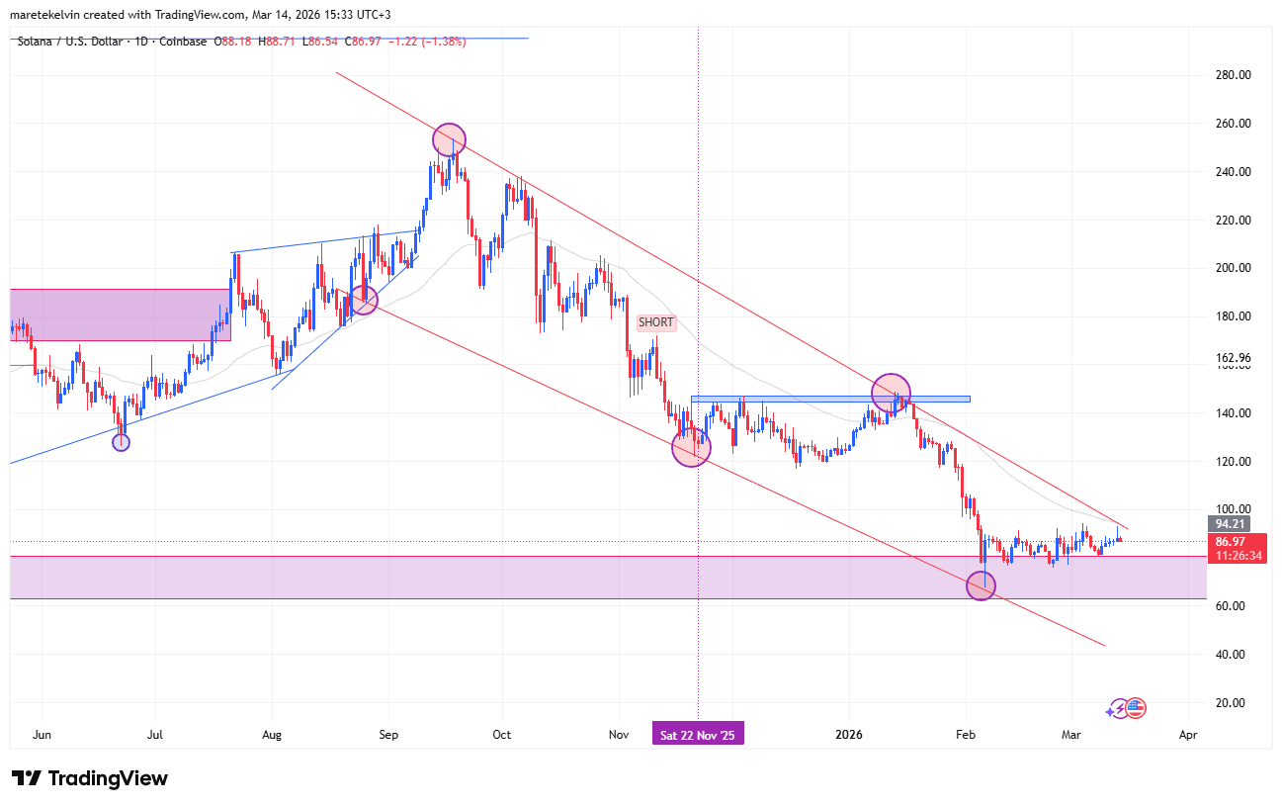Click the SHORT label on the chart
point(656,322)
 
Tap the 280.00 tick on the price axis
point(1233,75)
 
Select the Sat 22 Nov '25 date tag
point(698,735)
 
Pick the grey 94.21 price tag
point(1230,524)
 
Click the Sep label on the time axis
point(387,735)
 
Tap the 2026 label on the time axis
point(849,735)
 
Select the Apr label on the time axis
point(1188,735)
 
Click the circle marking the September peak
point(449,139)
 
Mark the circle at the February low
point(981,585)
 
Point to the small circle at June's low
point(121,442)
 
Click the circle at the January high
point(891,393)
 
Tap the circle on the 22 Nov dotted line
point(691,448)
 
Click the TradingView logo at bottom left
point(90,778)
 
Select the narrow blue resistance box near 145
point(830,400)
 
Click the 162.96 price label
point(1233,357)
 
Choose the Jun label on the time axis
point(42,735)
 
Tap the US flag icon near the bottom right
point(1135,707)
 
